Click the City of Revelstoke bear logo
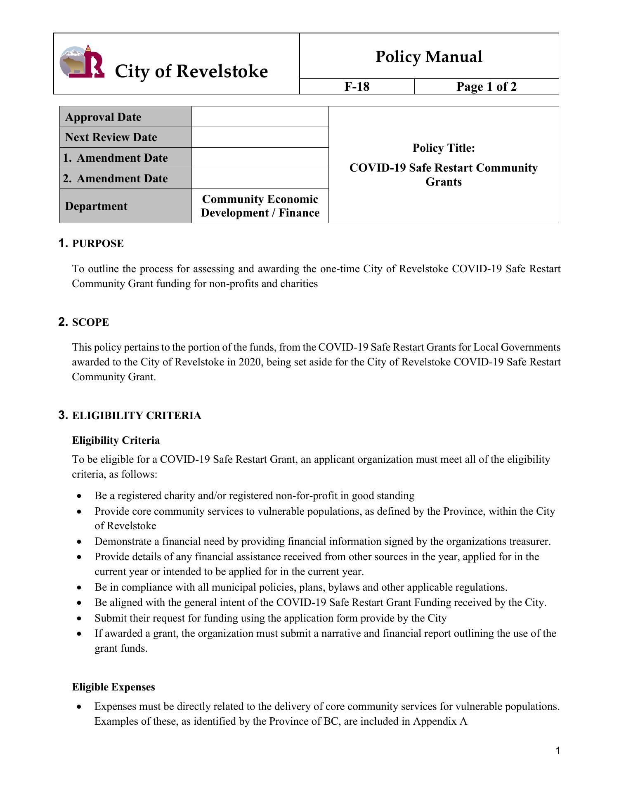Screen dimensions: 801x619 (x=81, y=62)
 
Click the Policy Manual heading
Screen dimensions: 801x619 (x=429, y=57)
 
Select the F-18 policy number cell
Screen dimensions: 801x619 (x=357, y=87)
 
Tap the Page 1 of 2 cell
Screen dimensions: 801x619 (x=486, y=87)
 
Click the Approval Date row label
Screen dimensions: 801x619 (x=103, y=117)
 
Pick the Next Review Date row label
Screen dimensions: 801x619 (x=111, y=137)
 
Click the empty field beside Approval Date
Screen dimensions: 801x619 (x=260, y=117)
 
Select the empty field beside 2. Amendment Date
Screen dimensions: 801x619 (x=260, y=178)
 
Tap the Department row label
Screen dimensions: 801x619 (x=96, y=206)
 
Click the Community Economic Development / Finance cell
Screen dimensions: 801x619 (x=260, y=206)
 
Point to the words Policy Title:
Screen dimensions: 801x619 (x=444, y=148)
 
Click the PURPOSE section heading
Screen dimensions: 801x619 (x=98, y=244)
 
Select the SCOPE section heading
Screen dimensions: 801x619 (x=90, y=323)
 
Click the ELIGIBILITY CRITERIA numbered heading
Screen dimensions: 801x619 (x=137, y=416)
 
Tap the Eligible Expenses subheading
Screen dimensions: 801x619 (x=113, y=687)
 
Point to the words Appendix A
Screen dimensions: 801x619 (x=440, y=721)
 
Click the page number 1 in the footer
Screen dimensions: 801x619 (x=558, y=751)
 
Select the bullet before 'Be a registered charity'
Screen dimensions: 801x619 (x=79, y=496)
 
